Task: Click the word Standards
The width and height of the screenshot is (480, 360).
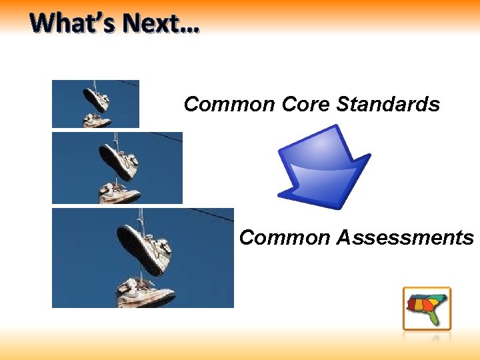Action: (388, 105)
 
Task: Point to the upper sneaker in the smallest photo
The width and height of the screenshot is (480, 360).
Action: (97, 100)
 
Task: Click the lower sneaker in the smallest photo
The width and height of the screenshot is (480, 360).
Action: (97, 121)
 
